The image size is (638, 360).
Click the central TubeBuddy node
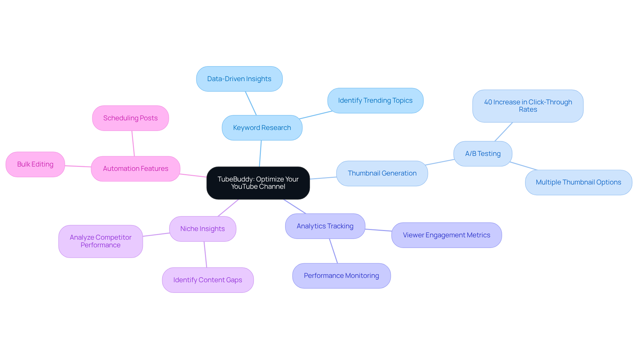coord(258,183)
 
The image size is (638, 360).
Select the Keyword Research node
coord(262,128)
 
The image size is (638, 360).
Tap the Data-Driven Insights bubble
coord(239,79)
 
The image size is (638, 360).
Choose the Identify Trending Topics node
coord(375,100)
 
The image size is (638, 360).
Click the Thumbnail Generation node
coord(382,173)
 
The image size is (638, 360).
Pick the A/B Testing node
coord(482,154)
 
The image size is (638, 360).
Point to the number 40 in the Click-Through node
coord(488,102)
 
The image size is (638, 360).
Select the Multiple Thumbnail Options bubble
coord(578,182)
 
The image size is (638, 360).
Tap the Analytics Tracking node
coord(325,226)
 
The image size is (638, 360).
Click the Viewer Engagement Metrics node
coord(446,235)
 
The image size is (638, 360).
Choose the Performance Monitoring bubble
coord(341,276)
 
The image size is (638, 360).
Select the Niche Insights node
coord(202,229)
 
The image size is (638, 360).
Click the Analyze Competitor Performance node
coord(100,241)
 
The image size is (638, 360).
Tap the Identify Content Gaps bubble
coord(208,280)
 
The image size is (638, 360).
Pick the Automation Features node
coord(136,169)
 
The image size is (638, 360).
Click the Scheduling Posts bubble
coord(130,118)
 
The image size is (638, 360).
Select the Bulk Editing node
coord(35,164)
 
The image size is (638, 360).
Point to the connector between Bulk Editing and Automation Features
coord(78,166)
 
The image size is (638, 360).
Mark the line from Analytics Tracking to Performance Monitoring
coord(333,251)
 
